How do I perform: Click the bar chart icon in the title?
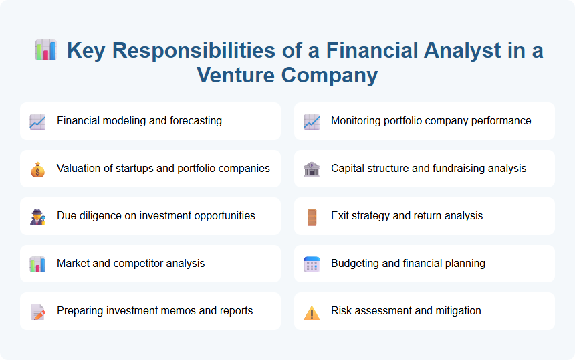(45, 50)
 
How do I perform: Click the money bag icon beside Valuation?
(37, 169)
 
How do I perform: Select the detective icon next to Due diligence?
(37, 217)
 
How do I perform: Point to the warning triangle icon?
(312, 312)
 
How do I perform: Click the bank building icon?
(312, 169)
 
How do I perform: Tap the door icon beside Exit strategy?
(312, 217)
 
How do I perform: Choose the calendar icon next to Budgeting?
(312, 264)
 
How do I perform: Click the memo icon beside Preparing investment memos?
(37, 312)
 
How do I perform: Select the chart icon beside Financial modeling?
(37, 122)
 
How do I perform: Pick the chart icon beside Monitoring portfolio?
(312, 122)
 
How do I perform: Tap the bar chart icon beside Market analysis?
(37, 264)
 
